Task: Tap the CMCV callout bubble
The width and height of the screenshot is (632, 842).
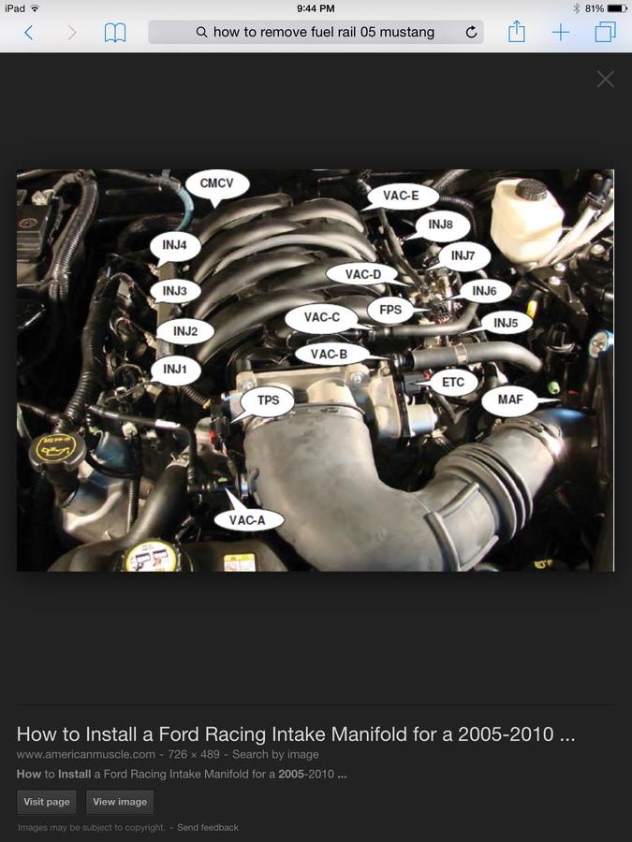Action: (217, 184)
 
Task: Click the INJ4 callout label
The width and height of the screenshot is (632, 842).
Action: (175, 246)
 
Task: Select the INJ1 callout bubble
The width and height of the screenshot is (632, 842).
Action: (175, 370)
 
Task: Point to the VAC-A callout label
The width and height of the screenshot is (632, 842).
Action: (247, 519)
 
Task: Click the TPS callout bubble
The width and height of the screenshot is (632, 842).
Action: (268, 401)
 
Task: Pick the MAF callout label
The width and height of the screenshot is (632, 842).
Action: (510, 400)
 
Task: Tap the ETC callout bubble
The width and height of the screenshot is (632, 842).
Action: (452, 383)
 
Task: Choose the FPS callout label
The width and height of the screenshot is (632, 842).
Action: (390, 310)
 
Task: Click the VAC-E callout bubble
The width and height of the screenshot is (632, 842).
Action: (401, 196)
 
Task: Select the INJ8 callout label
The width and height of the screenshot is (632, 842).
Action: (441, 225)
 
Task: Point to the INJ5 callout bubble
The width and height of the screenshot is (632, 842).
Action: (506, 323)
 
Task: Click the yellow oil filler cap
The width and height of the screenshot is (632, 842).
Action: (57, 448)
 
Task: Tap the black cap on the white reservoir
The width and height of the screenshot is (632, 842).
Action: (531, 189)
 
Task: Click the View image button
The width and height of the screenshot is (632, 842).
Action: (120, 802)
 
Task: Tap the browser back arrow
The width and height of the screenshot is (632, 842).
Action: (29, 32)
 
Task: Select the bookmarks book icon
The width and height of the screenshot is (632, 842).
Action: (115, 33)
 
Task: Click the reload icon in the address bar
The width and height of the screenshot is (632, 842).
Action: (471, 32)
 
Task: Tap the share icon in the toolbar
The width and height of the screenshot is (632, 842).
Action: (517, 31)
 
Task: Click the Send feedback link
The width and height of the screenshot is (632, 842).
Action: (208, 828)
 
